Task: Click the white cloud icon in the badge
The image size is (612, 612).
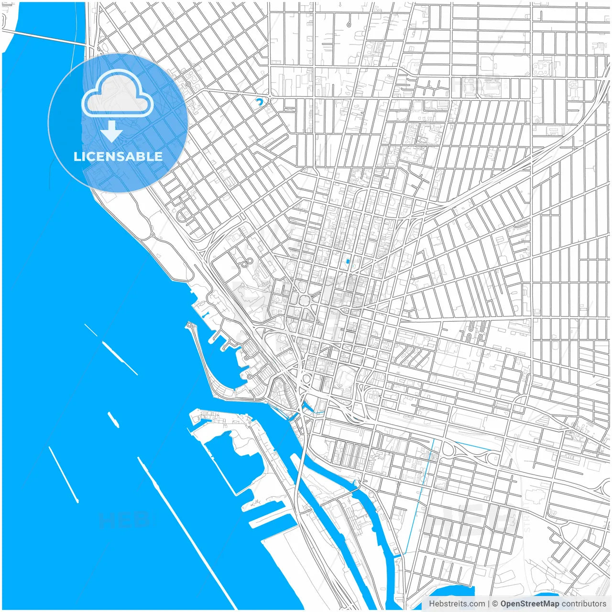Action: (x=117, y=94)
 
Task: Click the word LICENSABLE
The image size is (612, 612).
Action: (x=118, y=156)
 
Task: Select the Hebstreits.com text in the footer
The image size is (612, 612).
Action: (x=457, y=604)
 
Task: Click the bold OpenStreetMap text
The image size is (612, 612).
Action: (x=529, y=604)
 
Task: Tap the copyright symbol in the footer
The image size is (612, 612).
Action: (x=495, y=604)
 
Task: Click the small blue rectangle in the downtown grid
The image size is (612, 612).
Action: (x=348, y=261)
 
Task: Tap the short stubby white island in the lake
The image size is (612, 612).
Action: (x=113, y=419)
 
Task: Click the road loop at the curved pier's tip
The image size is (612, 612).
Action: (x=190, y=326)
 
